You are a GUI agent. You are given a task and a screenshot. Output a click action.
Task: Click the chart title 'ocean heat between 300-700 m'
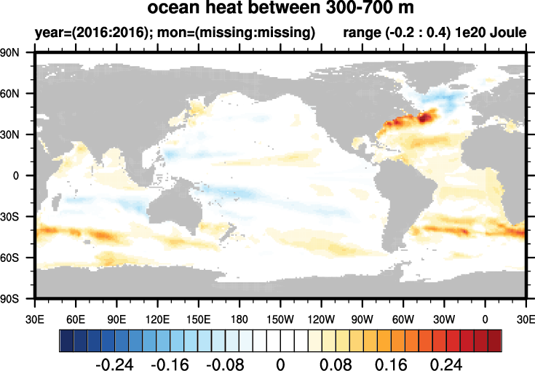[x=280, y=9]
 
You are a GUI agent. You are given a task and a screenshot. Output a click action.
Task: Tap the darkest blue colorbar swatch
[x=66, y=340]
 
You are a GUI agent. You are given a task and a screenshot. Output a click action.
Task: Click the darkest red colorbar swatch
[x=494, y=340]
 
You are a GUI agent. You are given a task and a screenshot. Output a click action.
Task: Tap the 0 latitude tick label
[x=25, y=176]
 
